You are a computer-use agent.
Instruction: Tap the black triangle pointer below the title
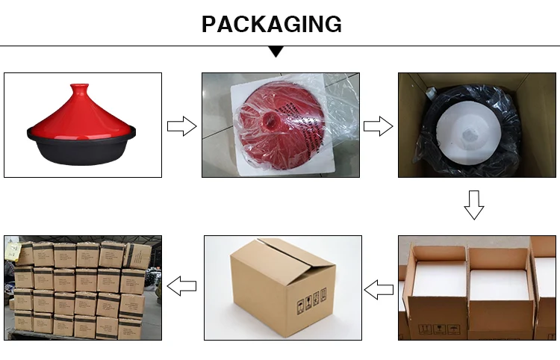click(276, 52)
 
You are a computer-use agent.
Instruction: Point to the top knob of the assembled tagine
click(77, 88)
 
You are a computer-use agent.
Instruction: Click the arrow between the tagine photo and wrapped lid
click(181, 125)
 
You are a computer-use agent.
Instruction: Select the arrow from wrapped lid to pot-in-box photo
click(378, 125)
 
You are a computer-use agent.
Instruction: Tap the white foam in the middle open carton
click(498, 279)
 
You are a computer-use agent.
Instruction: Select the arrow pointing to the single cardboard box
click(379, 288)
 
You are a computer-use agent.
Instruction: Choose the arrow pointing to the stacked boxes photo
click(181, 285)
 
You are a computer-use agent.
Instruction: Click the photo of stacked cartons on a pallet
click(82, 288)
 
